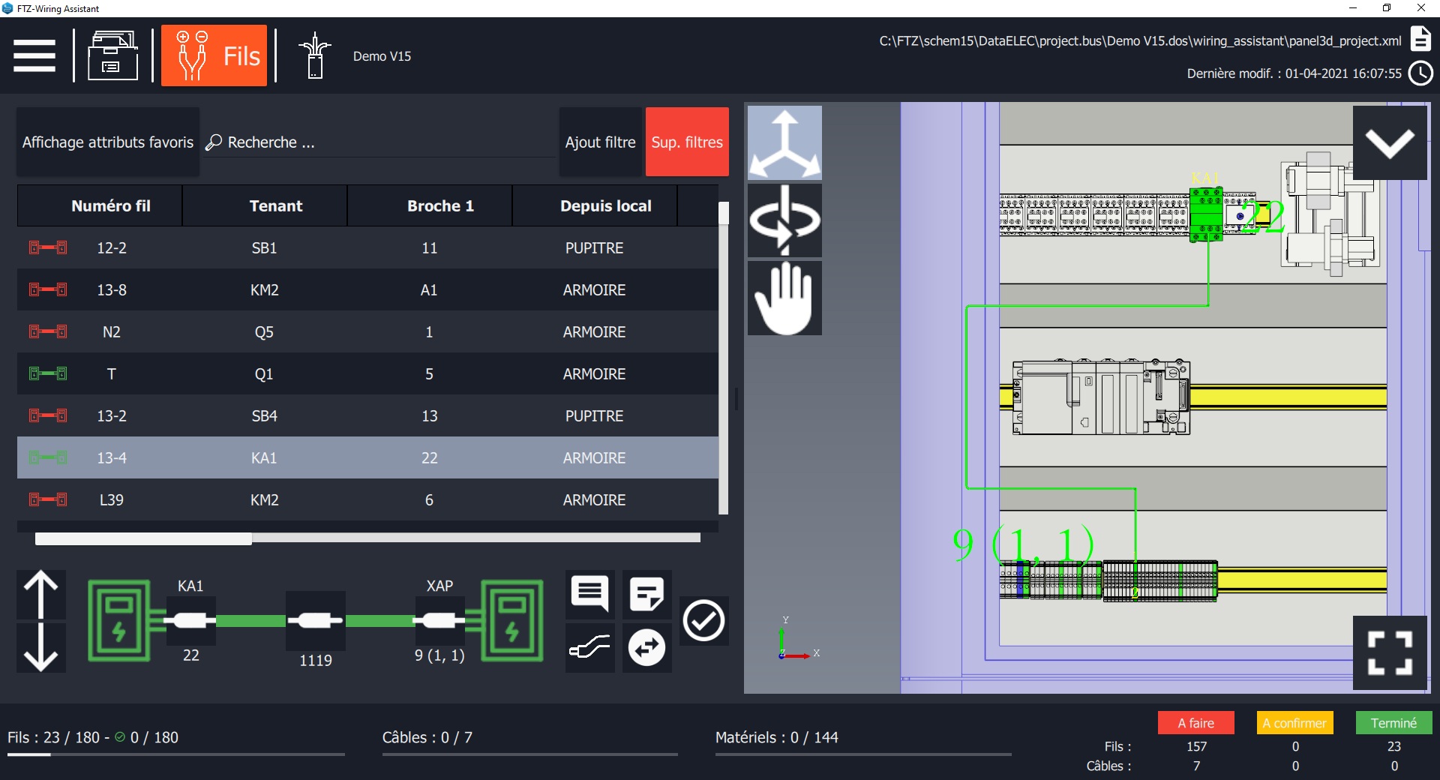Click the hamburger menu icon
(34, 55)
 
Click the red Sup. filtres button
(686, 142)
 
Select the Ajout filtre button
(600, 142)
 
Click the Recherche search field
(379, 142)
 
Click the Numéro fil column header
(110, 206)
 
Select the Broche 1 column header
(440, 206)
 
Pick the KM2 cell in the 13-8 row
(264, 290)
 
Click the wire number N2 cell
(111, 332)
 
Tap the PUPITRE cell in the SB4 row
(594, 416)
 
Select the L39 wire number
(111, 500)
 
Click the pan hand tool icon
(784, 298)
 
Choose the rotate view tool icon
(784, 220)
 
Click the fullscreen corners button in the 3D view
(1390, 652)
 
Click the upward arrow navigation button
(41, 595)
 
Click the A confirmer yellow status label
(1294, 723)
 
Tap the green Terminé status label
(1393, 723)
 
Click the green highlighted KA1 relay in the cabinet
(1206, 214)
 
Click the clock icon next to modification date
(1420, 73)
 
